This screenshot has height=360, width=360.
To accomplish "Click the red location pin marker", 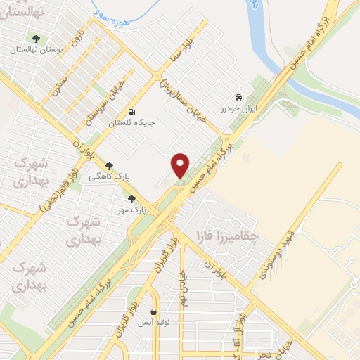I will tap(181, 166).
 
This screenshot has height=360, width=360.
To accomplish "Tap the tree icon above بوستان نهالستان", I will tap(35, 39).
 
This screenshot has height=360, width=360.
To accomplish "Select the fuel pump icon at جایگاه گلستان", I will tap(131, 112).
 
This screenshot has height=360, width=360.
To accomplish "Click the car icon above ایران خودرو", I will tap(239, 98).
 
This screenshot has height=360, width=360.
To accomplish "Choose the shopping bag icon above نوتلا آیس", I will tap(153, 311).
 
